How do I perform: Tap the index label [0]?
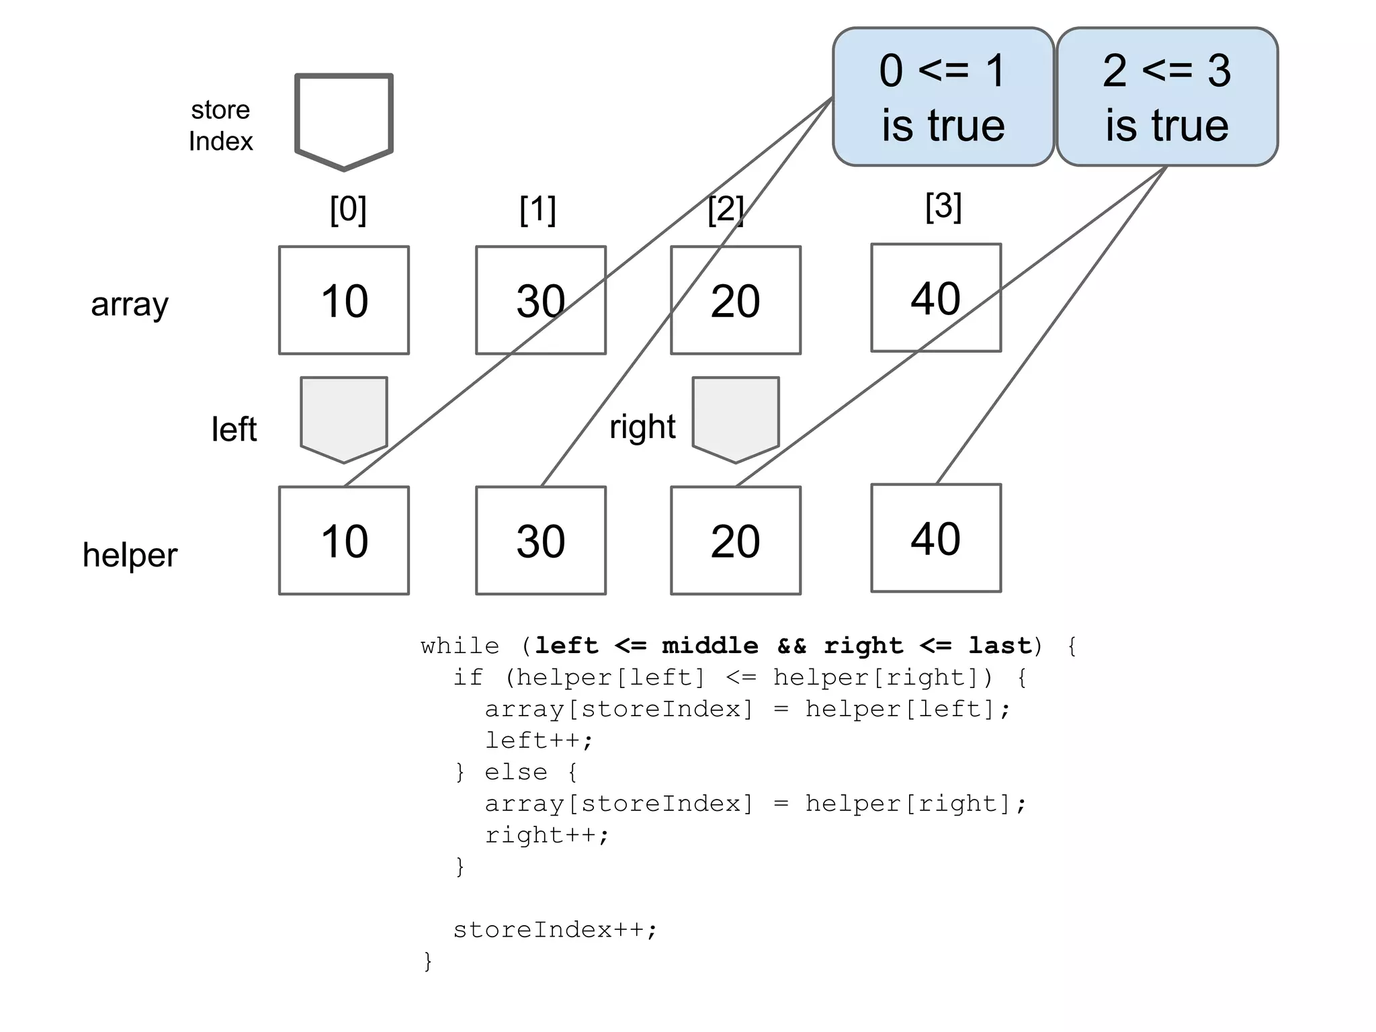pyautogui.click(x=348, y=210)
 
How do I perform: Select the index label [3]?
pyautogui.click(x=943, y=206)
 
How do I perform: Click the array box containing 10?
pyautogui.click(x=344, y=300)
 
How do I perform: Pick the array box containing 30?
pyautogui.click(x=541, y=300)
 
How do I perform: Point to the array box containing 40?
pyautogui.click(x=936, y=298)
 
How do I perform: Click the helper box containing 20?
pyautogui.click(x=736, y=541)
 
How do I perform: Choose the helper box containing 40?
pyautogui.click(x=936, y=538)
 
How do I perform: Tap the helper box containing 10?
pyautogui.click(x=344, y=541)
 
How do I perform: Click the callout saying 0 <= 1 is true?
pyautogui.click(x=943, y=97)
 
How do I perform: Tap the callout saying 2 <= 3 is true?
pyautogui.click(x=1167, y=97)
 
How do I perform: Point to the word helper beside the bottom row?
pyautogui.click(x=130, y=555)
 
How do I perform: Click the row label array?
pyautogui.click(x=130, y=304)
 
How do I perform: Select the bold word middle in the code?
pyautogui.click(x=709, y=646)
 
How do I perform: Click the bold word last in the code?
pyautogui.click(x=999, y=646)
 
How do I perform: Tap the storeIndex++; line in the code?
pyautogui.click(x=555, y=930)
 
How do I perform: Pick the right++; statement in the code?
pyautogui.click(x=547, y=835)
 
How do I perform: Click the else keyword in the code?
pyautogui.click(x=516, y=772)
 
